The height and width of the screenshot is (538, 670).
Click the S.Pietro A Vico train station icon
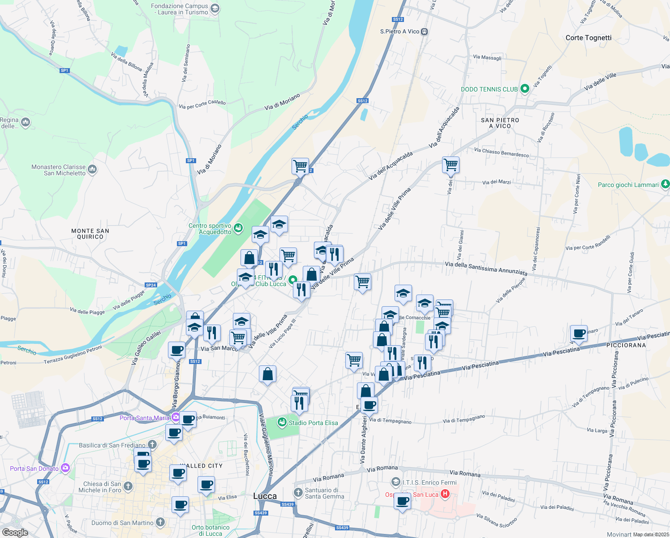click(424, 31)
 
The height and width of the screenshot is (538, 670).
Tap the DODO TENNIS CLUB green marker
click(524, 89)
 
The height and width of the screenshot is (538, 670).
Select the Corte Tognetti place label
click(588, 38)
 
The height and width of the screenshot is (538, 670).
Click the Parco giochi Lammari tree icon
click(665, 184)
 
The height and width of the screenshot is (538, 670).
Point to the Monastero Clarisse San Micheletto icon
click(92, 169)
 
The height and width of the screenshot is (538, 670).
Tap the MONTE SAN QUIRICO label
click(90, 234)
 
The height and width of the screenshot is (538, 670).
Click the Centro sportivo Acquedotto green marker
click(238, 228)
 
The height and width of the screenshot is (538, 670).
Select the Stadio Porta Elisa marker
click(282, 422)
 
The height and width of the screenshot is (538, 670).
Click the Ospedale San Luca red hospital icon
click(445, 494)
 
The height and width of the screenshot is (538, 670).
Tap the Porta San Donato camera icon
click(65, 468)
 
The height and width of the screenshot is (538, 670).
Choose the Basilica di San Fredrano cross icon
click(152, 445)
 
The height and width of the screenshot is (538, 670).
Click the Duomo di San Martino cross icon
click(160, 522)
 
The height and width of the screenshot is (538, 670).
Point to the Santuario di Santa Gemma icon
click(298, 493)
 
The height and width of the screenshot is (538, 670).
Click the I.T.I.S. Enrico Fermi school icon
click(395, 482)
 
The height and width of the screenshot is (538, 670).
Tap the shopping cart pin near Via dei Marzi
click(451, 165)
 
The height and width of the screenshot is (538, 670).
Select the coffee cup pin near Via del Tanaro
click(579, 333)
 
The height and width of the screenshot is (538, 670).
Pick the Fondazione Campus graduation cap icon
click(215, 9)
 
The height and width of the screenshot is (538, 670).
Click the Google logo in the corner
click(15, 533)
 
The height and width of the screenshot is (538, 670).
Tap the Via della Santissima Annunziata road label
click(486, 268)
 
